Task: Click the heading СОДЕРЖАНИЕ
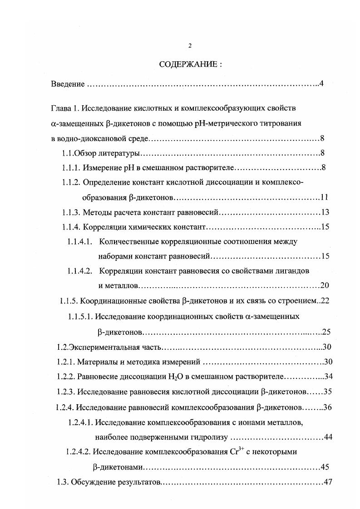point(190,64)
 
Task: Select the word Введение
point(67,84)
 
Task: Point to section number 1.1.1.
point(71,168)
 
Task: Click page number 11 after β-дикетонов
point(324,197)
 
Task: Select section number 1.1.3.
point(71,212)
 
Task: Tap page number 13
point(325,212)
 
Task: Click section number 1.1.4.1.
point(80,242)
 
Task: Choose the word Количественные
point(127,242)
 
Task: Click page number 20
point(325,285)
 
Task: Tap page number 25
point(326,332)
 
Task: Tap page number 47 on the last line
point(328,482)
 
